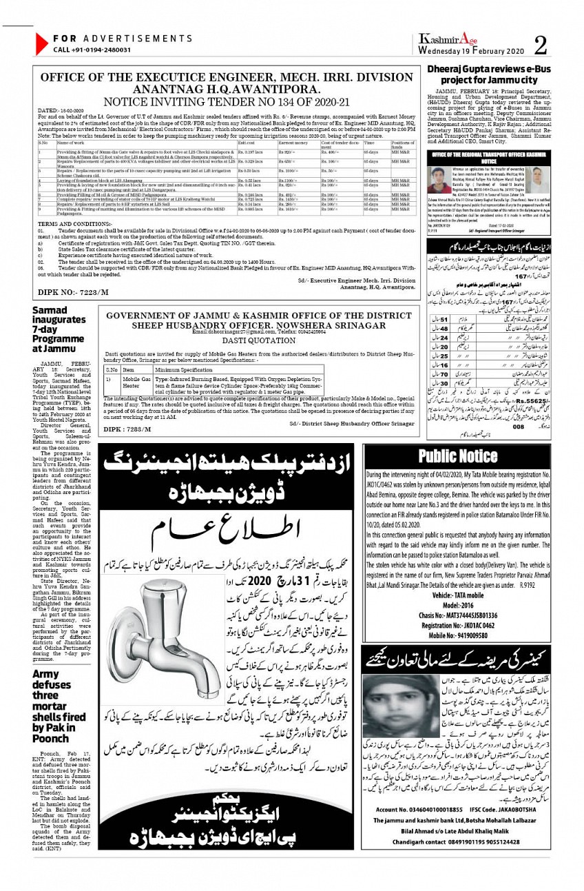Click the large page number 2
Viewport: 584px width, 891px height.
541,45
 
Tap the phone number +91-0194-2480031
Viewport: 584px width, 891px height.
92,50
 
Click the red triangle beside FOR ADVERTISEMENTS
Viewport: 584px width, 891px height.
41,44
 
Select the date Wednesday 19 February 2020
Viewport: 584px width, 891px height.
471,51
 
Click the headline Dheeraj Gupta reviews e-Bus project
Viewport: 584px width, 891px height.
492,75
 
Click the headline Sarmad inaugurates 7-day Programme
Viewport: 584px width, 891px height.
50,329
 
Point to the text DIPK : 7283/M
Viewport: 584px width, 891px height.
129,430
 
